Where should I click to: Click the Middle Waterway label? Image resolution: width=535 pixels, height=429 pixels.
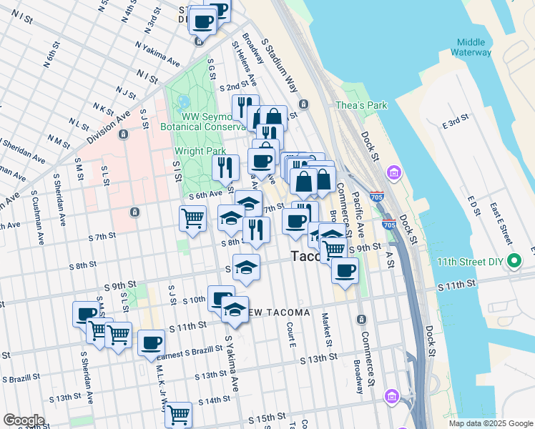(x=472, y=46)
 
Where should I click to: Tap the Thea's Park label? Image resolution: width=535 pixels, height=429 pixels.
(x=361, y=105)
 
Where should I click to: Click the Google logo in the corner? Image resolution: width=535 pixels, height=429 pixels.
(x=24, y=420)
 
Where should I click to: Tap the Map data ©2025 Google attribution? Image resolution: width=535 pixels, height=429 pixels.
(x=490, y=423)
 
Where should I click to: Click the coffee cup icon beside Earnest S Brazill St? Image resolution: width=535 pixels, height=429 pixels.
(x=151, y=342)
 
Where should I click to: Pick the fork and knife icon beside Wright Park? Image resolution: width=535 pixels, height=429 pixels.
(x=225, y=167)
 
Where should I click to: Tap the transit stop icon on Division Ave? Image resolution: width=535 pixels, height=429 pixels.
(x=124, y=134)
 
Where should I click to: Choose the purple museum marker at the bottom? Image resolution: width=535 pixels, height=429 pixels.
(x=391, y=395)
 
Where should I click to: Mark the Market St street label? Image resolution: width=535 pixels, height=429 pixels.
(x=325, y=325)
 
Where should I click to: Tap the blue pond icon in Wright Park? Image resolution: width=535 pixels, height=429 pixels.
(x=184, y=102)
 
